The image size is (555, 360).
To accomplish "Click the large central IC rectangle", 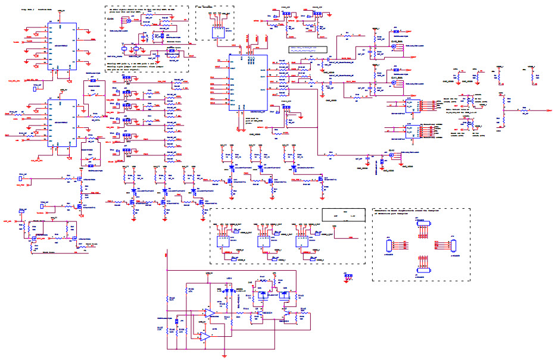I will [x=249, y=83].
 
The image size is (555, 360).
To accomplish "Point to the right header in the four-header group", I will [x=451, y=243].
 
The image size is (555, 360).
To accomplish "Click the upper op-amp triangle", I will [x=209, y=314].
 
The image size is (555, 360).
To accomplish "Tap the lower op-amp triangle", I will [x=204, y=337].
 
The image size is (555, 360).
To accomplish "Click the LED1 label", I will [x=211, y=278].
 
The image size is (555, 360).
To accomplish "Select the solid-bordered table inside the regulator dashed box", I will [x=342, y=215].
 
